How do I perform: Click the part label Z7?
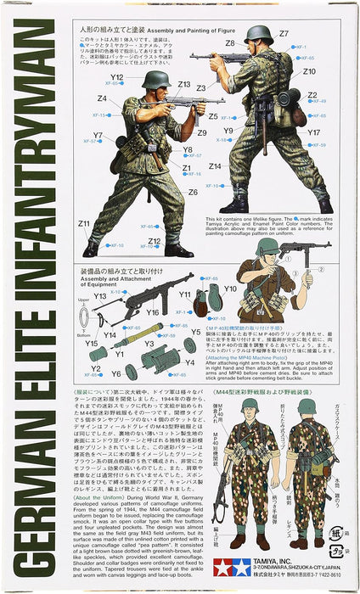pos(284,34)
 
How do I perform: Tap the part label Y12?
pos(116,78)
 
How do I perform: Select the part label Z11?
pos(84,223)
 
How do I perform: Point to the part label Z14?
pos(215,166)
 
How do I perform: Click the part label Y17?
pos(313,133)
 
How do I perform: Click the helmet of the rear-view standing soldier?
pos(257,35)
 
